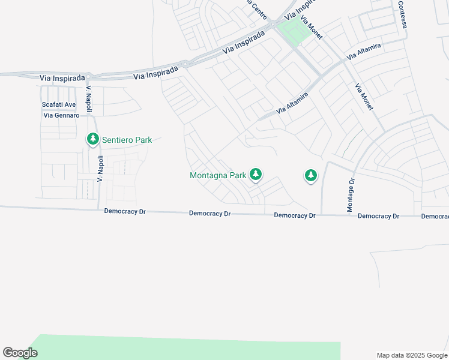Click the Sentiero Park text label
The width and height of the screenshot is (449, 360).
(x=127, y=140)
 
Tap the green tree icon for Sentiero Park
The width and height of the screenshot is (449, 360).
(x=92, y=139)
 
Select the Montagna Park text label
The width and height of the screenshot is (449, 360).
(x=218, y=176)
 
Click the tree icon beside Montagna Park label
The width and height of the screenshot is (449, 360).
(x=256, y=175)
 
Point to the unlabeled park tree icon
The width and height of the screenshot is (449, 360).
(x=310, y=175)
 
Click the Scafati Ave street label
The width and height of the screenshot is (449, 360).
(x=59, y=104)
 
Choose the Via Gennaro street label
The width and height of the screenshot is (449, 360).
(x=61, y=115)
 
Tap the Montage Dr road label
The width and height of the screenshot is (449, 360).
(x=351, y=195)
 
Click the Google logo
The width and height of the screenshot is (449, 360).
(x=20, y=353)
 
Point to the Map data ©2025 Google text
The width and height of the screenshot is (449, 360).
(x=412, y=355)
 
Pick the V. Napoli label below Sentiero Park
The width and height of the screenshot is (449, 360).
(x=101, y=169)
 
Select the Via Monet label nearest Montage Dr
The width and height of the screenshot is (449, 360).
(x=364, y=96)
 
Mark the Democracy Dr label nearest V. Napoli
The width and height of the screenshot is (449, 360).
(x=125, y=211)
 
